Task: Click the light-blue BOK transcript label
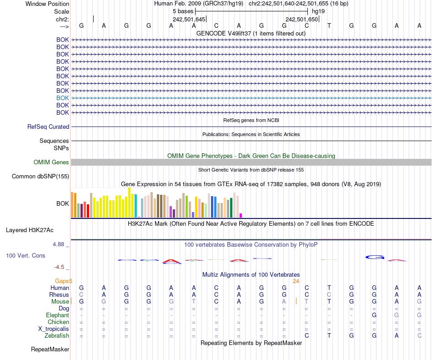(63, 98)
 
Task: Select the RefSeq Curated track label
(48, 127)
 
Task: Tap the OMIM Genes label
(51, 162)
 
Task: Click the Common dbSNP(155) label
(40, 177)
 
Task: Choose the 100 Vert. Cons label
(25, 256)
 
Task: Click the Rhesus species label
(59, 295)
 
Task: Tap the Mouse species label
(60, 302)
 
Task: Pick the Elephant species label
(57, 315)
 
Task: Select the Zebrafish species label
(57, 336)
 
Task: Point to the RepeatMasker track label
(50, 350)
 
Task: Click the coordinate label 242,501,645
(189, 19)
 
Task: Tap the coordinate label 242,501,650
(301, 19)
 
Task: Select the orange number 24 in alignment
(296, 281)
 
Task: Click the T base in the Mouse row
(194, 302)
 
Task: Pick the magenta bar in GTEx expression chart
(241, 215)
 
